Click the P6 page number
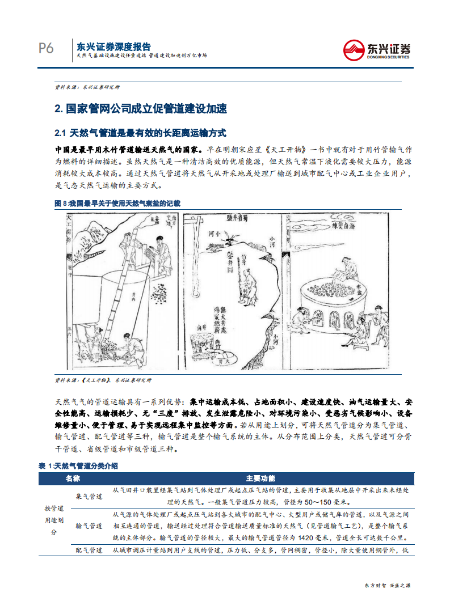[x=46, y=49]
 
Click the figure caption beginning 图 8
[x=117, y=202]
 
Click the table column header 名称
[x=73, y=478]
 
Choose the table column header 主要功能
[x=260, y=478]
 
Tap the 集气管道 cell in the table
[x=89, y=497]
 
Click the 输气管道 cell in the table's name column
[x=89, y=526]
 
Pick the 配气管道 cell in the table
[x=89, y=550]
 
